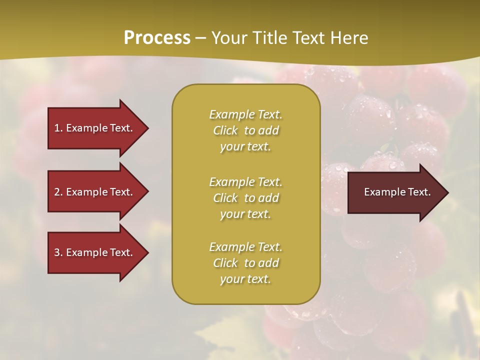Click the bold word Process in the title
(157, 38)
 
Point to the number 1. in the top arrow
(58, 128)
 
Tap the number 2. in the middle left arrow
(58, 192)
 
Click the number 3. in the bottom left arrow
(58, 252)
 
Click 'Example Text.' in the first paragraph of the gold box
(245, 114)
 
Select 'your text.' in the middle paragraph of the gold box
(245, 214)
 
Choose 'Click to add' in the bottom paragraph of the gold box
(245, 263)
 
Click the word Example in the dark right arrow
(383, 192)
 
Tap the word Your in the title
(228, 38)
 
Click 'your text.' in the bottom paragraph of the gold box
(245, 279)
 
